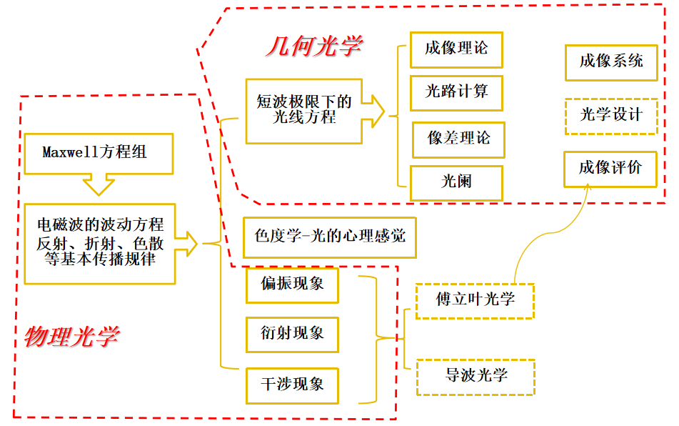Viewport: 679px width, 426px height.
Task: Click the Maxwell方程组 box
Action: point(99,153)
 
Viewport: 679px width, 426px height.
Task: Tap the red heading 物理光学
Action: point(72,337)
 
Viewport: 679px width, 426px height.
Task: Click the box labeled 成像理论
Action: point(456,49)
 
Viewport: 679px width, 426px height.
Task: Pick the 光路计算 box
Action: point(456,93)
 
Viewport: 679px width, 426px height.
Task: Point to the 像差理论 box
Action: point(458,139)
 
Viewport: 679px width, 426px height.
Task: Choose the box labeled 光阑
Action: point(456,183)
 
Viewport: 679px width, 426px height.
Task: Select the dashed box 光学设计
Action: point(610,116)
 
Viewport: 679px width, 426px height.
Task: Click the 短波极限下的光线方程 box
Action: point(303,110)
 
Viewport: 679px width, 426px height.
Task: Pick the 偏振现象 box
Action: point(292,284)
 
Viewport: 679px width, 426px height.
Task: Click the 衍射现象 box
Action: point(292,334)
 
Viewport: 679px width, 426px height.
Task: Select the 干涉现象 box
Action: point(292,385)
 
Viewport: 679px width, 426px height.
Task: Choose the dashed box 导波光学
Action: point(475,376)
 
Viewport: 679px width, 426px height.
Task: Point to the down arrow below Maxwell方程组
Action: point(99,186)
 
